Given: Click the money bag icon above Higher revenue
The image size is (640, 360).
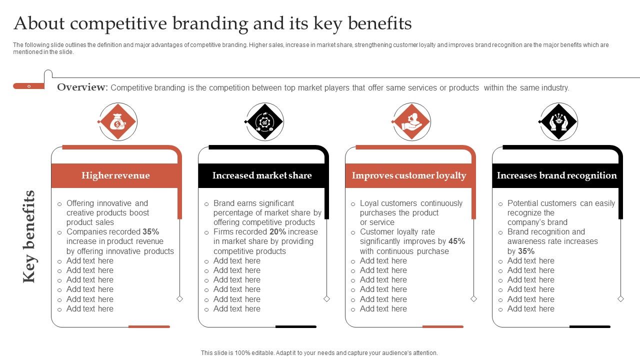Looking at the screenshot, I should click(x=117, y=122).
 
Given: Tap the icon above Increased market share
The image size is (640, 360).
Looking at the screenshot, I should click(x=264, y=122).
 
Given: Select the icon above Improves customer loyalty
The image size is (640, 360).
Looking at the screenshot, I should click(x=411, y=122).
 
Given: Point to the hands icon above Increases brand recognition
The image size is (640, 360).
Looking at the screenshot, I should click(x=558, y=122).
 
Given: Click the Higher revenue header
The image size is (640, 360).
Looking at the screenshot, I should click(x=115, y=175).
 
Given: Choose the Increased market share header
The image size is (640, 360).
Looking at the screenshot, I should click(x=262, y=175).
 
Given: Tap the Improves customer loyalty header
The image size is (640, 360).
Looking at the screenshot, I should click(x=409, y=175).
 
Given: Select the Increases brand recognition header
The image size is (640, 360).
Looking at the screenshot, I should click(x=556, y=175).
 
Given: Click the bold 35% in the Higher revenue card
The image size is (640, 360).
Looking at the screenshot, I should click(x=150, y=232).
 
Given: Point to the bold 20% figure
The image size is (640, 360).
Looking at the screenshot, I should click(x=277, y=232).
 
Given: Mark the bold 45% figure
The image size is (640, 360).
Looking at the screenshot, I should click(x=456, y=241).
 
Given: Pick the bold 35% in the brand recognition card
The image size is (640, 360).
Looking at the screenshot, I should click(x=526, y=251).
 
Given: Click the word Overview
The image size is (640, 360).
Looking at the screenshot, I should click(x=82, y=87).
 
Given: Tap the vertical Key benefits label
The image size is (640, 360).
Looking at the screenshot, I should click(x=29, y=236).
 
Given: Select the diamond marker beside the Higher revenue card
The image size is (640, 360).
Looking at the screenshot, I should click(x=179, y=299).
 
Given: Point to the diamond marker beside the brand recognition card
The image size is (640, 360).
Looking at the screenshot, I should click(x=620, y=299).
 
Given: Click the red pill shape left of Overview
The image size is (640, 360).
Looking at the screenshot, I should click(x=28, y=86).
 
